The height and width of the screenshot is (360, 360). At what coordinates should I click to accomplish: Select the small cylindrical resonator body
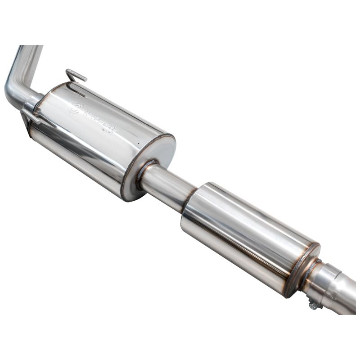(x=247, y=234)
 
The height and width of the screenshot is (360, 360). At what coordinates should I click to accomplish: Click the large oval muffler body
(x=94, y=135)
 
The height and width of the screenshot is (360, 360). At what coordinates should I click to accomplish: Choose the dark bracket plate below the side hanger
(x=24, y=121)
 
